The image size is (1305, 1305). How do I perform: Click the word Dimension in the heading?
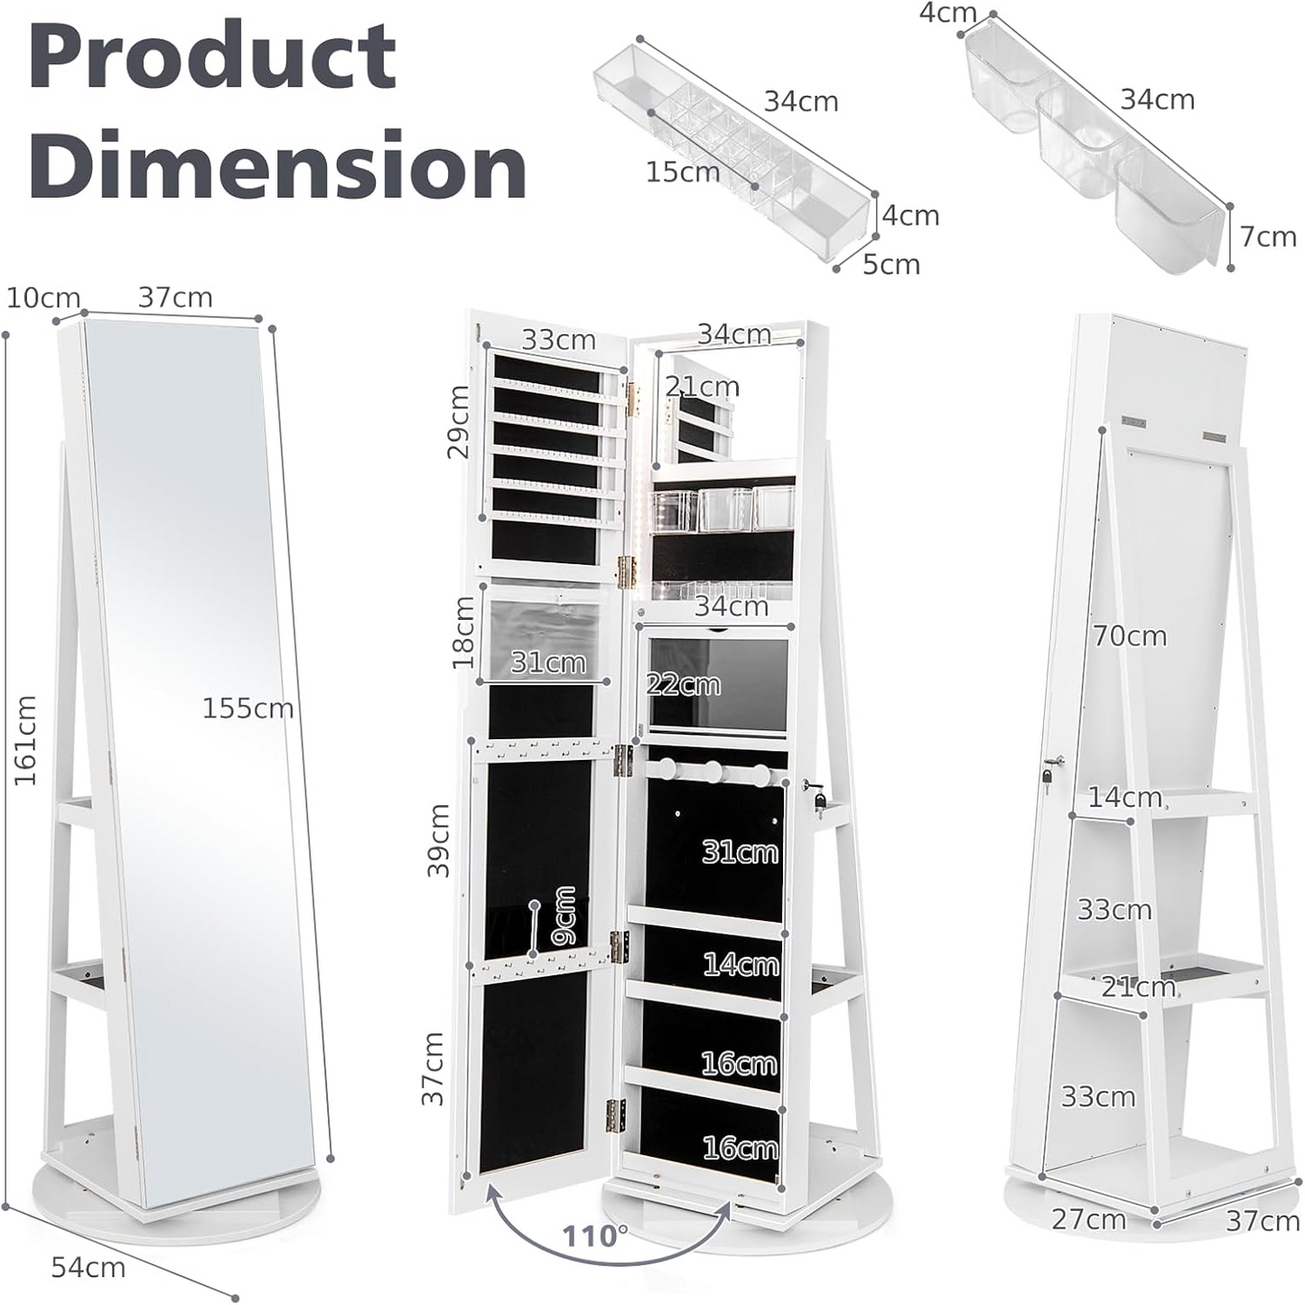tap(277, 164)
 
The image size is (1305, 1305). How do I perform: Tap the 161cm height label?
tap(24, 739)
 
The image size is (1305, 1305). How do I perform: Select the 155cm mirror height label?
tap(247, 708)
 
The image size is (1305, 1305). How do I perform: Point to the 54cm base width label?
tap(88, 1267)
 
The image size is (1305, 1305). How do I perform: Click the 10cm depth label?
tap(42, 297)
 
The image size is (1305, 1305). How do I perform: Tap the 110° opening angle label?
tap(595, 1235)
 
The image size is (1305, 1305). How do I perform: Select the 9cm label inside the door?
tap(564, 915)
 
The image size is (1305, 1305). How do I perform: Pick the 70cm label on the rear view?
tap(1130, 636)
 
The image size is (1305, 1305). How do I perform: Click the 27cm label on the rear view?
tap(1088, 1220)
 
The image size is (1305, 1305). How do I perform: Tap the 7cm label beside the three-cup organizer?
tap(1268, 237)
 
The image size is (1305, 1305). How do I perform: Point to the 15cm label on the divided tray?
tap(682, 172)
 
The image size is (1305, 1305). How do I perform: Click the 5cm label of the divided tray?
tap(890, 265)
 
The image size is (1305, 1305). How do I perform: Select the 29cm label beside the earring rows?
tap(460, 421)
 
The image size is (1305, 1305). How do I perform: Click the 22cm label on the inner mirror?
tap(683, 684)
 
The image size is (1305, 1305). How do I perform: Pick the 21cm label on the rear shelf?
tap(1138, 987)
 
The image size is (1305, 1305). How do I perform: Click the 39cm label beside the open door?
tap(439, 840)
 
